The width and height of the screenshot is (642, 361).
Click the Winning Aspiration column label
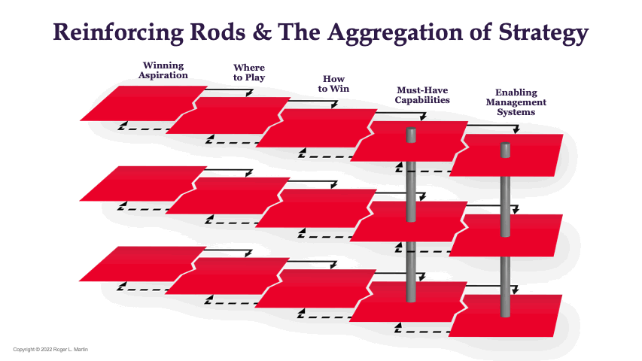[163, 70]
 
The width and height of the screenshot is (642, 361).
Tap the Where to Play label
[248, 73]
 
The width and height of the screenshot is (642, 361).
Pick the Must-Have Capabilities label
[423, 95]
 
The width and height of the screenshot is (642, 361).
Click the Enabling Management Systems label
[516, 102]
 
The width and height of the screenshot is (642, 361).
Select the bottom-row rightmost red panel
[508, 316]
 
